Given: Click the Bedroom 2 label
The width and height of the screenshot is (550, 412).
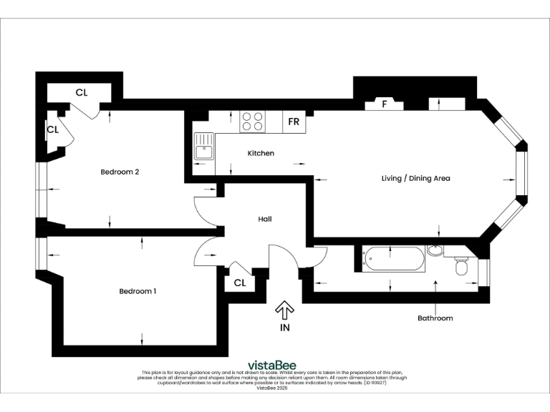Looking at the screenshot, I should click(x=119, y=172).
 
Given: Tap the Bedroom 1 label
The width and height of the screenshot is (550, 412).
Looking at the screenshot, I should click(x=137, y=291).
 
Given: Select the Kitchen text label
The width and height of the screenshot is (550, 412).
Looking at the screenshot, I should click(x=261, y=154).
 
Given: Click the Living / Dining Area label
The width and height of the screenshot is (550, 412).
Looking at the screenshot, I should click(x=415, y=178).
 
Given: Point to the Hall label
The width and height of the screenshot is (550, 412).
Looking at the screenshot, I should click(x=265, y=220).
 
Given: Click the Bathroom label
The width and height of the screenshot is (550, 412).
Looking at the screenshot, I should click(x=435, y=318).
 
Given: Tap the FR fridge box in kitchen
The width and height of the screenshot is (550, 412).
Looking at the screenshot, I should click(x=294, y=122).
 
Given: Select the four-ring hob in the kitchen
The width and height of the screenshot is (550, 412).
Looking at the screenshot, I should click(x=251, y=121).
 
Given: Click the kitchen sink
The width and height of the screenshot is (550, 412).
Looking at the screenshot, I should click(x=203, y=147).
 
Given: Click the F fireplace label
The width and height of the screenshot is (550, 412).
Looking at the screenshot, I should click(x=385, y=104).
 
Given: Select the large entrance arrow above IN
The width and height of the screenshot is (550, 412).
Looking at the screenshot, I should click(x=284, y=310).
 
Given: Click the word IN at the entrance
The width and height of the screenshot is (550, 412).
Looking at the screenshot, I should click(x=285, y=328).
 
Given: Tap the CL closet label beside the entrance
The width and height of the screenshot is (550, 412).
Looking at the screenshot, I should click(x=240, y=283).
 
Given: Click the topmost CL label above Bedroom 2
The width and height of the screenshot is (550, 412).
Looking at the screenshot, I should click(x=82, y=93).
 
